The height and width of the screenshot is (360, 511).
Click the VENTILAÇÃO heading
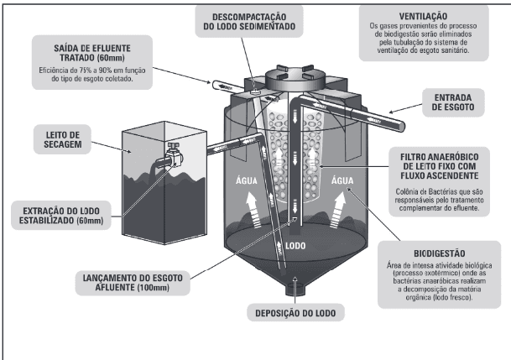tap(421, 16)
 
